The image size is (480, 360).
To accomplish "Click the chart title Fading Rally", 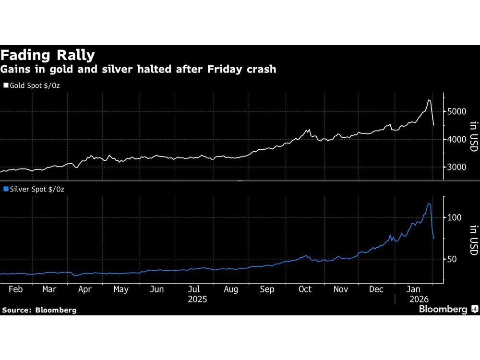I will [48, 55].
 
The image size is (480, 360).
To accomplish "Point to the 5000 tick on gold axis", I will [457, 111].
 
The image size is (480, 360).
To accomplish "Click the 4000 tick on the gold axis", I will [457, 140].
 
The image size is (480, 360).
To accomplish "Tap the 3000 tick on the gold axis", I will [457, 168].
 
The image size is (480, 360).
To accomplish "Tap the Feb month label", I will [16, 289].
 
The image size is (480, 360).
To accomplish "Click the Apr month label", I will [84, 289].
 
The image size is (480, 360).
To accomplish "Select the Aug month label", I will [230, 289].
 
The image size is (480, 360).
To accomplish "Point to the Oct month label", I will [305, 289].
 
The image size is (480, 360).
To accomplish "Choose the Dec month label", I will [376, 289].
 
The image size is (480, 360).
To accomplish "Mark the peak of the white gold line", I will [429, 100].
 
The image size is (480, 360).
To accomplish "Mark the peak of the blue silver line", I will [429, 204].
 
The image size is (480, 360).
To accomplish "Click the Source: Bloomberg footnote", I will [39, 310].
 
